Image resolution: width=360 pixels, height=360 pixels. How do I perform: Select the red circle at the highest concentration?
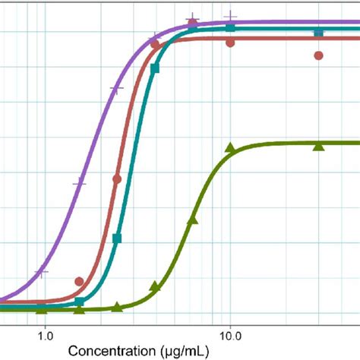(319, 55)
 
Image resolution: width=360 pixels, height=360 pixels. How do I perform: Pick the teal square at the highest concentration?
(319, 33)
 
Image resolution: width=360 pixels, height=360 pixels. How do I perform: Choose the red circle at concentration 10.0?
(230, 43)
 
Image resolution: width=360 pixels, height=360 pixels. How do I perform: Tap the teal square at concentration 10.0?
(230, 28)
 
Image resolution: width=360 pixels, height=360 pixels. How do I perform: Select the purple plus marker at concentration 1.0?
(43, 271)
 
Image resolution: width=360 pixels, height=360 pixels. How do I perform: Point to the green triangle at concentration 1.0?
(42, 310)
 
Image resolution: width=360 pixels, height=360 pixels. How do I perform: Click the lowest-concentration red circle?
(80, 282)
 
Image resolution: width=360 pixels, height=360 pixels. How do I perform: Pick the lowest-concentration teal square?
(80, 303)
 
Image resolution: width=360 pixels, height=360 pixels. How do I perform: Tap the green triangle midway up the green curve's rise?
(192, 220)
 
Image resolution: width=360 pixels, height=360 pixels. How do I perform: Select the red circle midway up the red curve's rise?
(117, 179)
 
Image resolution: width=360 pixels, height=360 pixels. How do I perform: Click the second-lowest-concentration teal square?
(117, 238)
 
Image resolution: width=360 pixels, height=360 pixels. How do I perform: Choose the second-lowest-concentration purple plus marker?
(79, 182)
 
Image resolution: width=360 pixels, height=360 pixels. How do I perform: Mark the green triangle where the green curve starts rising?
(155, 286)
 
